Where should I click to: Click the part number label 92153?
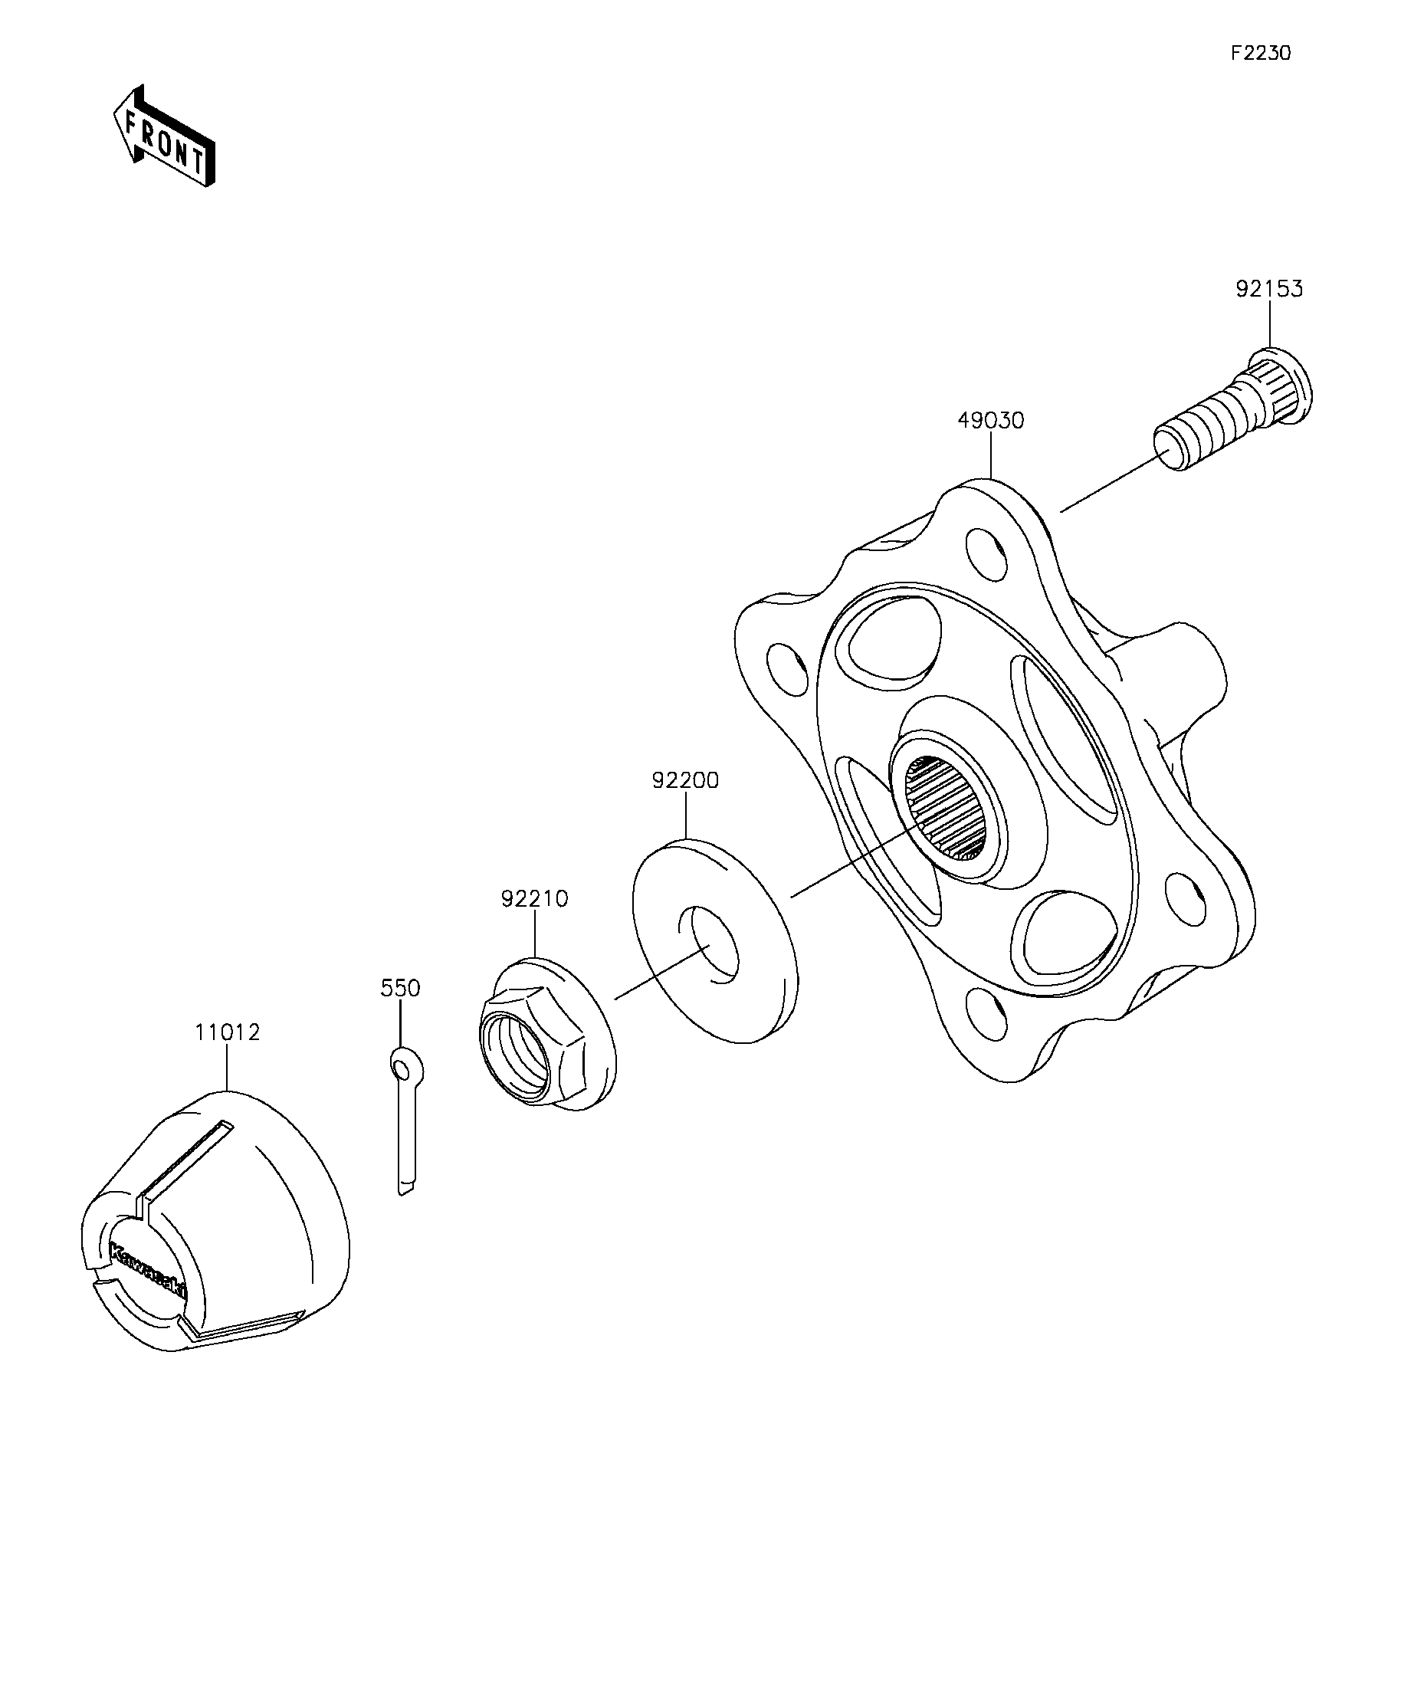point(1269,289)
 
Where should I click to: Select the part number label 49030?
point(991,421)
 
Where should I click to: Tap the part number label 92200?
point(685,780)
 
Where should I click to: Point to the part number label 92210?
point(534,898)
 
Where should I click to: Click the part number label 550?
point(400,987)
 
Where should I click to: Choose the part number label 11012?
point(227,1032)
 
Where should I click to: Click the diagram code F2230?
point(1260,53)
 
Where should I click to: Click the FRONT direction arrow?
point(164,136)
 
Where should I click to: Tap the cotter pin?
point(407,1127)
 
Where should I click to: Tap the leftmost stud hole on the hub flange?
point(786,669)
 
